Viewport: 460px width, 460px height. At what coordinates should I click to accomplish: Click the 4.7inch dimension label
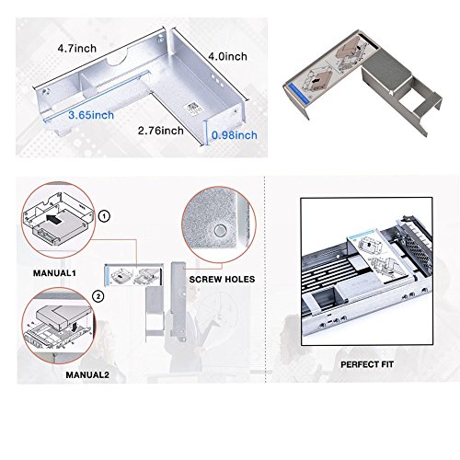(x=76, y=48)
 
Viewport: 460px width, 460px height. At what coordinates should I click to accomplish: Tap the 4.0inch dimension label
(x=227, y=56)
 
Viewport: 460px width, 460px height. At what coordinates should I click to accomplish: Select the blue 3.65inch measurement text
(x=91, y=115)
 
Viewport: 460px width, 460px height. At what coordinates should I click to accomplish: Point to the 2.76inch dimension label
(x=160, y=131)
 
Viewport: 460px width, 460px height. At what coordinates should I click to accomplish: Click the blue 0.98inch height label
(x=235, y=135)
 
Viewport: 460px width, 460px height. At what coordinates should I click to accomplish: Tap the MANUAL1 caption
(x=54, y=273)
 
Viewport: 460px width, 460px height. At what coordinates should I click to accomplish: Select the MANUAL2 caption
(x=87, y=374)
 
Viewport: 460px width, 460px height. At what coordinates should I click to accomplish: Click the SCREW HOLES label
(x=222, y=280)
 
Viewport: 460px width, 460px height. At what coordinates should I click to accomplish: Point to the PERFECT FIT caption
(x=367, y=364)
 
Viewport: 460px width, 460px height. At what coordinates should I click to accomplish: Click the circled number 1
(x=104, y=216)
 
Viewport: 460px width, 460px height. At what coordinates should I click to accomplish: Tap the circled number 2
(x=98, y=296)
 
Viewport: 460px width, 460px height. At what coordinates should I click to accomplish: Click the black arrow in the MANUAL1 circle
(x=55, y=220)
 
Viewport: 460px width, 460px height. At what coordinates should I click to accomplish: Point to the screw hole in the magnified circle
(x=220, y=231)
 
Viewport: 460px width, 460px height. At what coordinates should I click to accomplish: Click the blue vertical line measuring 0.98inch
(x=207, y=132)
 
